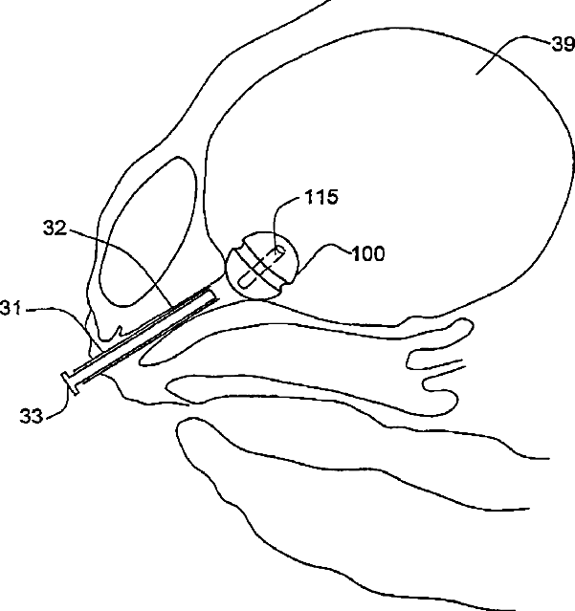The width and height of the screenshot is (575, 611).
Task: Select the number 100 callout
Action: (367, 254)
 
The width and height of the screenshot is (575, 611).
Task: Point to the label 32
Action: (55, 229)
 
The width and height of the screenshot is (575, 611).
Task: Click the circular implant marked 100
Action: (264, 266)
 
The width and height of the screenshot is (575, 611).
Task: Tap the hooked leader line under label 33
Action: (59, 404)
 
